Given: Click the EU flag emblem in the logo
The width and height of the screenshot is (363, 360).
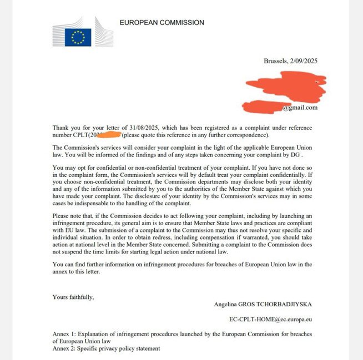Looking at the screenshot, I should (78, 37).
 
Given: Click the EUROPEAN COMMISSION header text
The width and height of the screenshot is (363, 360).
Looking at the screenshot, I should (162, 23).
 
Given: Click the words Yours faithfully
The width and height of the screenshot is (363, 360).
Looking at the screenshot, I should (73, 297).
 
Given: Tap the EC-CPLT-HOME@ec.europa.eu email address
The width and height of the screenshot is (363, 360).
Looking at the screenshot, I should (270, 320).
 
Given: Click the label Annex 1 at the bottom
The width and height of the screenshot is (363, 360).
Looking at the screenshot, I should (65, 334).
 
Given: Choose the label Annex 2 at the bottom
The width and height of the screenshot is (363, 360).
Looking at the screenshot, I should (65, 348).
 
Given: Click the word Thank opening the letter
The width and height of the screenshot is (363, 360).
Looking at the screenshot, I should (62, 128).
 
